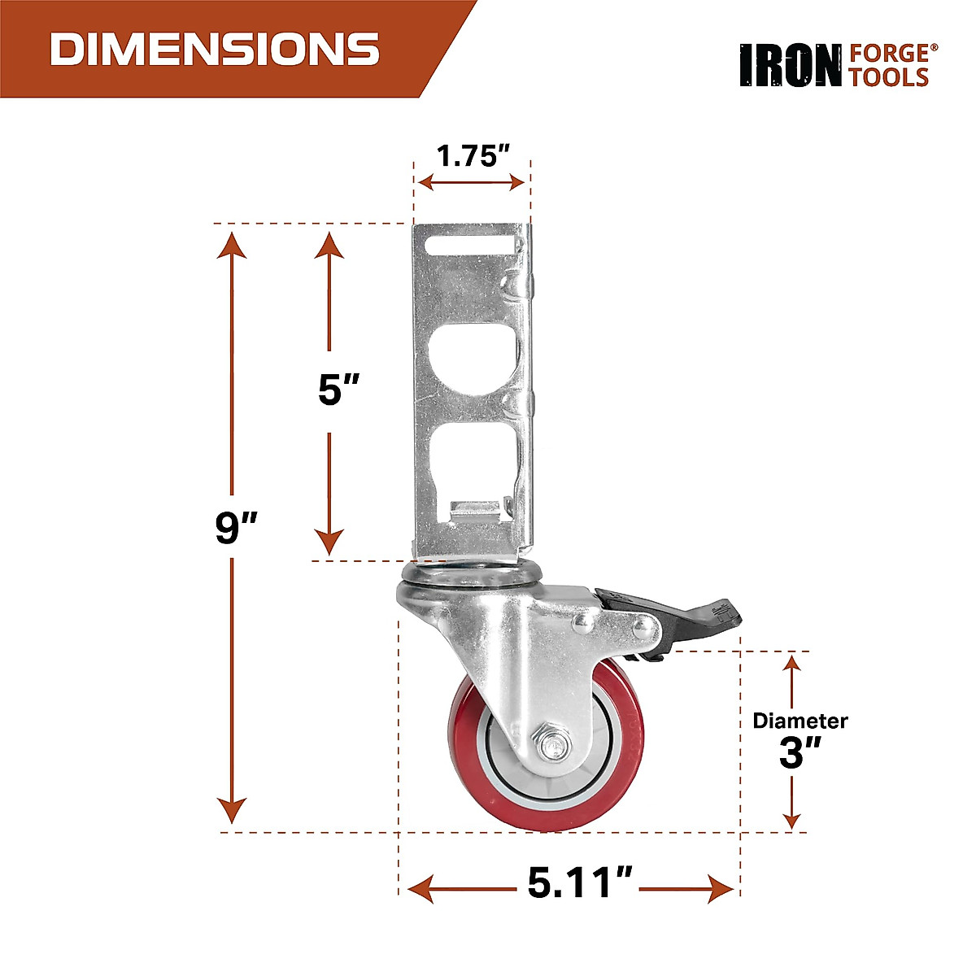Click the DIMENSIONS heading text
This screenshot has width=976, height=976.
(215, 49)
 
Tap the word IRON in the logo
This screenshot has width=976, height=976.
(790, 66)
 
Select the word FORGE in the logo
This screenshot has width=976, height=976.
(888, 54)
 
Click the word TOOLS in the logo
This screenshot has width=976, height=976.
(888, 77)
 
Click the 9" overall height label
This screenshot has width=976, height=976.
(236, 529)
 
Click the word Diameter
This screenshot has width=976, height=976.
(800, 721)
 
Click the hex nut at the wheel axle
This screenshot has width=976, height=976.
(552, 745)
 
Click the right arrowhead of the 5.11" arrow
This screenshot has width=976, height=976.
(722, 889)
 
